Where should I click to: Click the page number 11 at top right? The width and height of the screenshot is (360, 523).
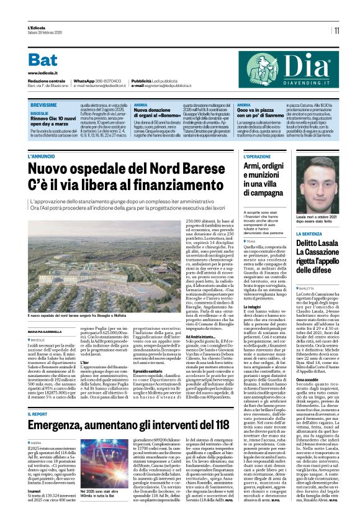[x=336, y=30]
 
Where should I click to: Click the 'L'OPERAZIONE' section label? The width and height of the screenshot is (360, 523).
[x=258, y=157]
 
